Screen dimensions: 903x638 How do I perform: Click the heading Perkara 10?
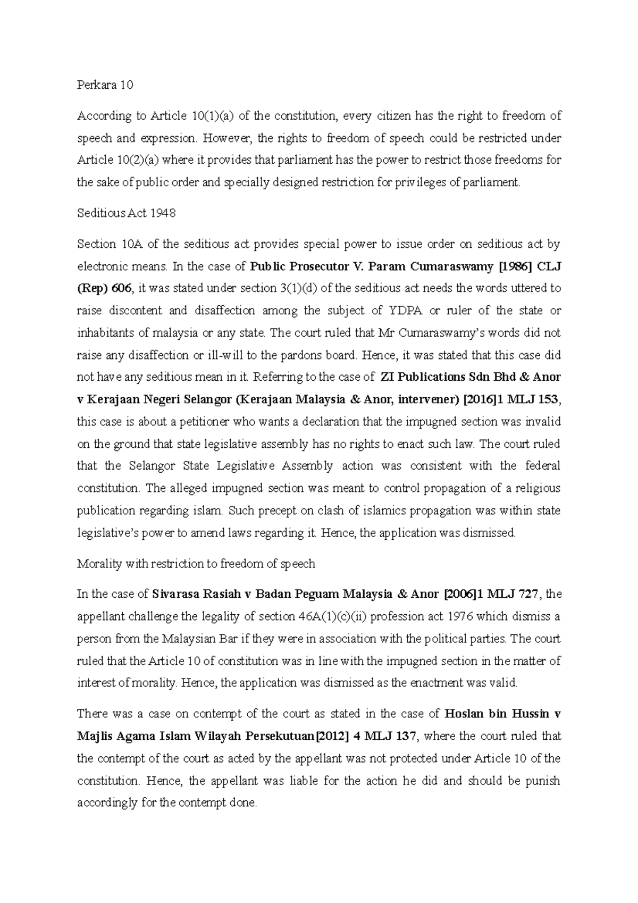pyautogui.click(x=105, y=85)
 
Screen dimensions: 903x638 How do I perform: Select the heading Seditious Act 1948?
pyautogui.click(x=126, y=213)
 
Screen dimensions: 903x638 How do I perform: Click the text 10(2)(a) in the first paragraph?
pyautogui.click(x=133, y=160)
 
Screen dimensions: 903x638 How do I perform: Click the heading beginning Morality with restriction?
pyautogui.click(x=196, y=564)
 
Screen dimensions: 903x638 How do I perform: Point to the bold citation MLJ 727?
pyautogui.click(x=514, y=594)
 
